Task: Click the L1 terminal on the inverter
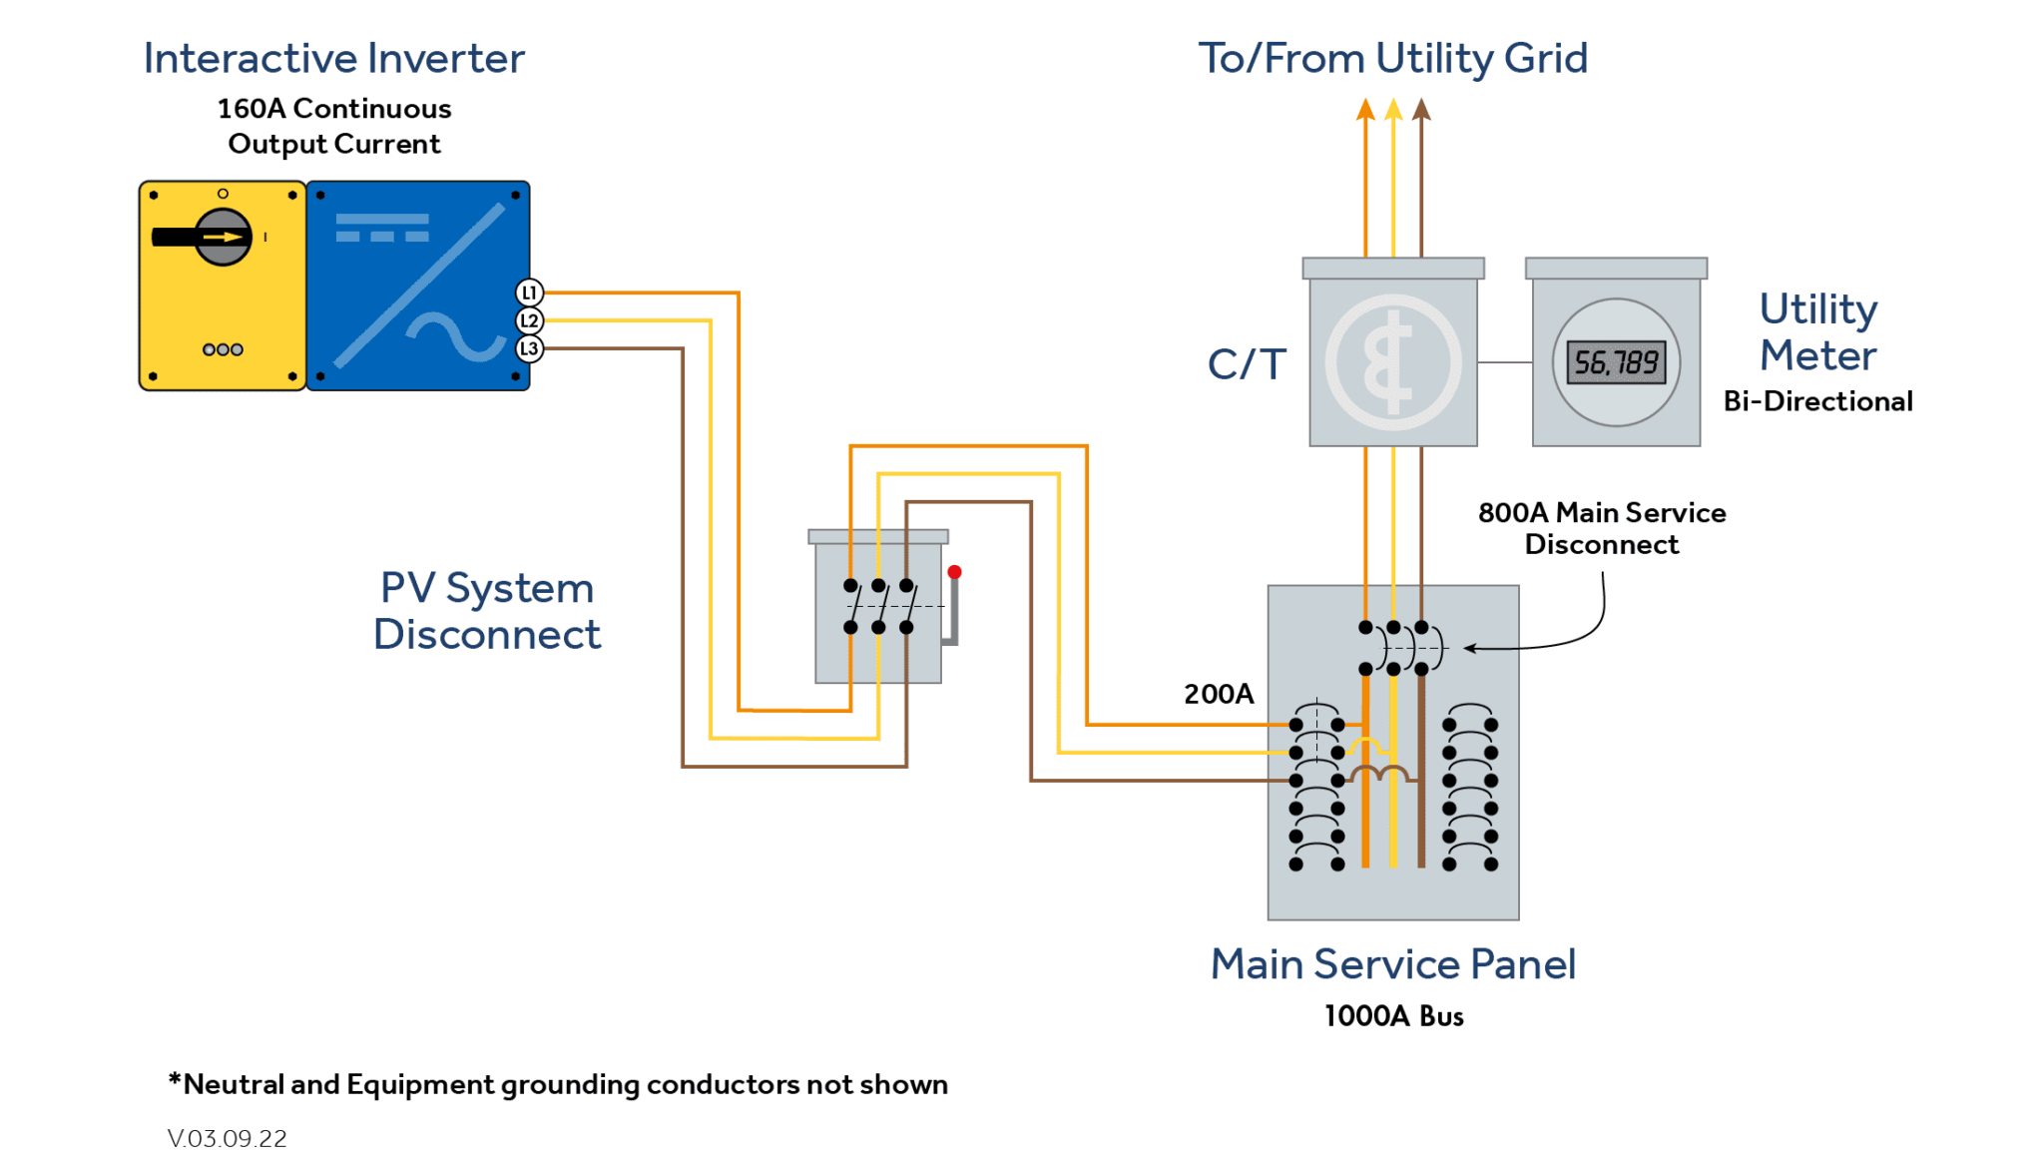(529, 293)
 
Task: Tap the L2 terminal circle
(529, 320)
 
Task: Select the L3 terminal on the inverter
(529, 348)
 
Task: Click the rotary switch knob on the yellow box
(223, 237)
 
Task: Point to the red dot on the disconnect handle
(954, 572)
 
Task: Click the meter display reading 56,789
(1616, 362)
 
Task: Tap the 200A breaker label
(1218, 694)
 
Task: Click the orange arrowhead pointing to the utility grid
(1365, 109)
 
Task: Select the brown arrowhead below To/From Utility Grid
(1421, 109)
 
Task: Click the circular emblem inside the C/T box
(1393, 362)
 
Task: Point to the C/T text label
(1247, 364)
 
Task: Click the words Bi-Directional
(1817, 401)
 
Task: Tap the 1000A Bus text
(1393, 1016)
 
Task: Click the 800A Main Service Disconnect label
(1601, 528)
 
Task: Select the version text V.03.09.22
(227, 1138)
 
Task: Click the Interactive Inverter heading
(333, 58)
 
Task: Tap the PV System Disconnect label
(487, 611)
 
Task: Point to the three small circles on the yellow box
(223, 349)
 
